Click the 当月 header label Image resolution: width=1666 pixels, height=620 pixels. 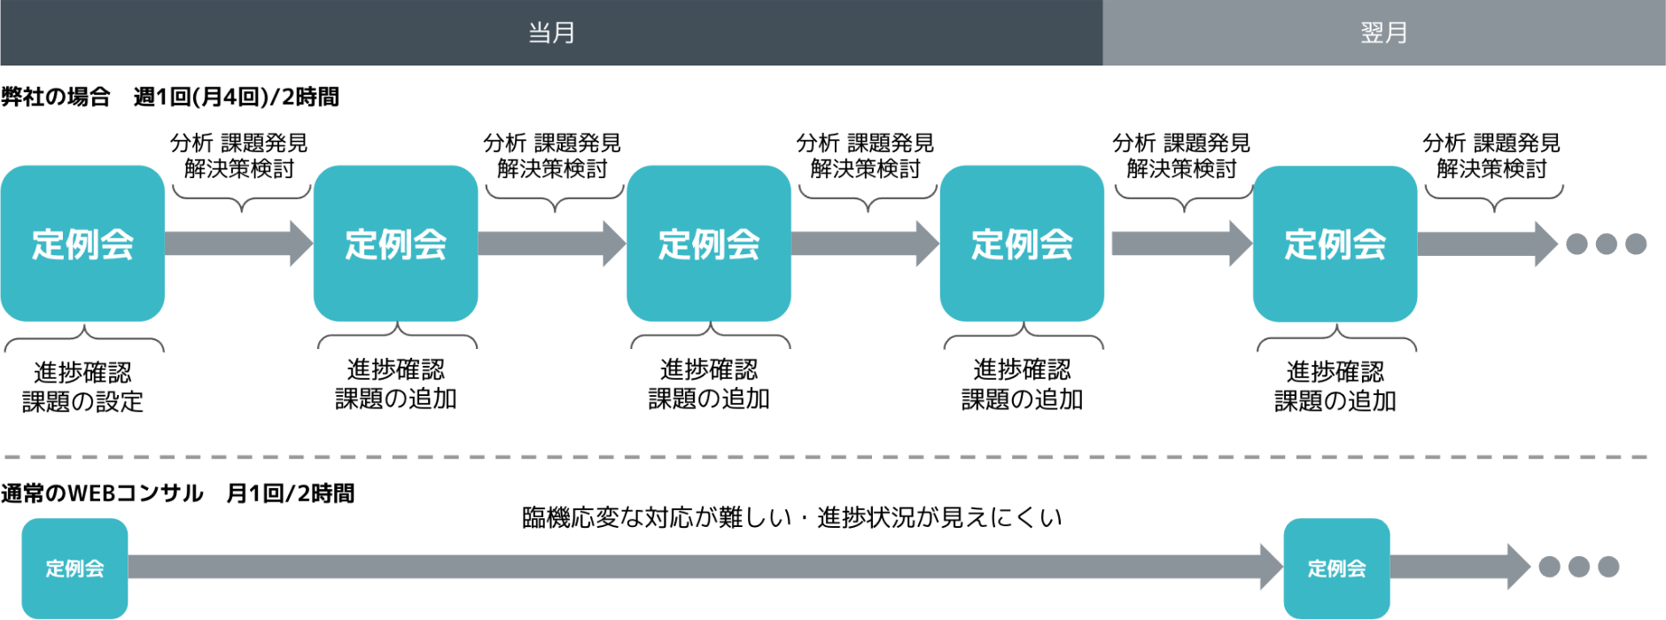551,33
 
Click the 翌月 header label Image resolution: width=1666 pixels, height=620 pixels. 1383,33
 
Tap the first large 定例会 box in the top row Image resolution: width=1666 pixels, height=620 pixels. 82,244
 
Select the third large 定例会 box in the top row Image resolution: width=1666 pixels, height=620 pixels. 709,244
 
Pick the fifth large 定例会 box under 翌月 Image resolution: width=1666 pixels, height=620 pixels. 1335,244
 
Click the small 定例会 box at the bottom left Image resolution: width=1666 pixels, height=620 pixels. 74,568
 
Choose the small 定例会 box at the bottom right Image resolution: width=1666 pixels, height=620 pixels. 1336,568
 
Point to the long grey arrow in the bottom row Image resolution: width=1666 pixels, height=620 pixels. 705,567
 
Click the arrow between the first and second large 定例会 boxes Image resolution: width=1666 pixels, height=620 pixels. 239,244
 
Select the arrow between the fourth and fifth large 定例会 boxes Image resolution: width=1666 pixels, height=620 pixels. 1182,244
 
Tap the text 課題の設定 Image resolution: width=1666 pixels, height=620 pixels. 82,402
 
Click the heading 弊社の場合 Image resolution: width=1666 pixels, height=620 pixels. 56,97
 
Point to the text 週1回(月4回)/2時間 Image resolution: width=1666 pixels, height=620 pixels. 237,97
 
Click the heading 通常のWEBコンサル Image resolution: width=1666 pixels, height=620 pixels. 102,493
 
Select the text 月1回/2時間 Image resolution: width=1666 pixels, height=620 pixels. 291,493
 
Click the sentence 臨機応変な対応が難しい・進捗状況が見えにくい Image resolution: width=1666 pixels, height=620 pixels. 791,517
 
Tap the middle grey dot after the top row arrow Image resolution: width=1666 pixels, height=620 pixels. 1607,244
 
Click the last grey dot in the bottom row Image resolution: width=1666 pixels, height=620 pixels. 1609,567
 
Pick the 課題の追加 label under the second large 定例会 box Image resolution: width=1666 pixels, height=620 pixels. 396,399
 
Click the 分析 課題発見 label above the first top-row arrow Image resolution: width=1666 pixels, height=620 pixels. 239,143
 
